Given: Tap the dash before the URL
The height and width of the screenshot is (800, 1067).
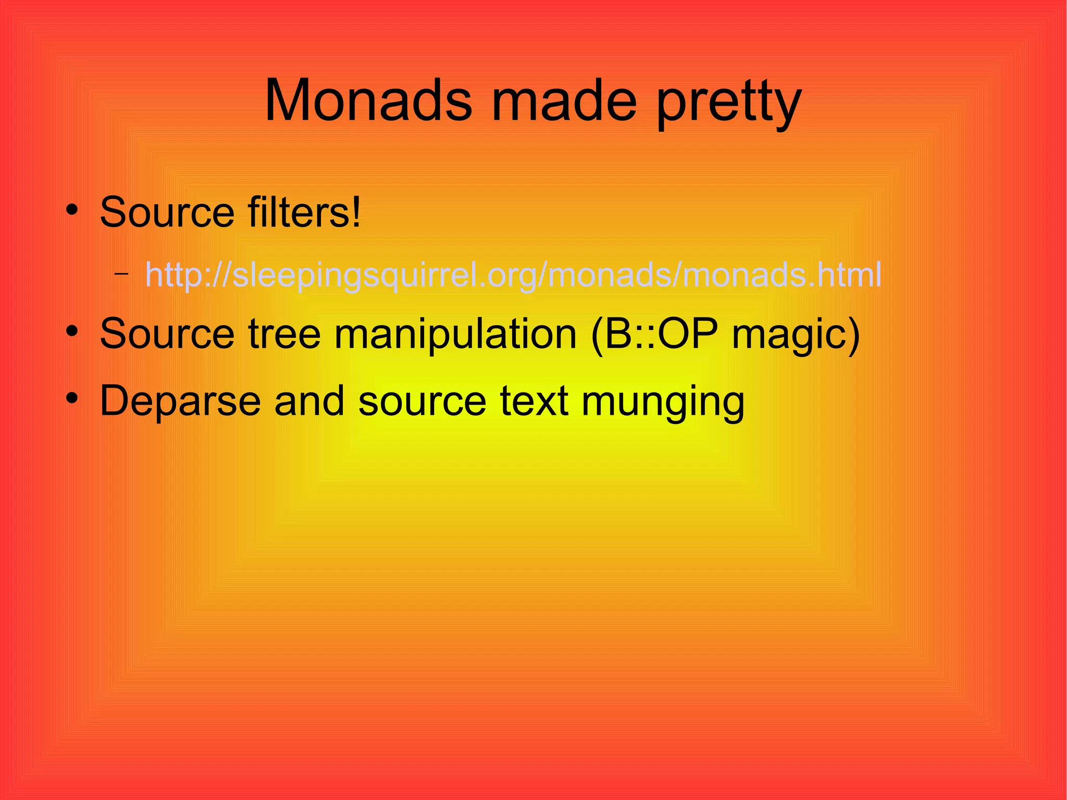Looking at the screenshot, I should tap(121, 273).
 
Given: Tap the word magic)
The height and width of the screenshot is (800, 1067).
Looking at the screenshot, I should tap(796, 336).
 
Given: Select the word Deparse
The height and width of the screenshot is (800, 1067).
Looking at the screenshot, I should tap(180, 401).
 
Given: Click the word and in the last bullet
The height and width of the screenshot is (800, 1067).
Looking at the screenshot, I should tap(309, 401).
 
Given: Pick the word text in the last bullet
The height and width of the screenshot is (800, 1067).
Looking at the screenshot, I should tap(533, 401).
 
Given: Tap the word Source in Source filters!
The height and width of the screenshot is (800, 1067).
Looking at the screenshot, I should tap(167, 212).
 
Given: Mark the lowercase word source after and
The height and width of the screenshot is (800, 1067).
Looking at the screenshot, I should tap(422, 402).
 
